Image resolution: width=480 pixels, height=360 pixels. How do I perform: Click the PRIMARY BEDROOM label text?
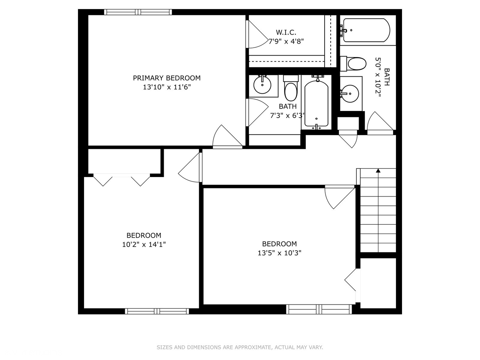click(x=167, y=78)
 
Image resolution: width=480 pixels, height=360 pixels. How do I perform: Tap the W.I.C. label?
click(x=286, y=32)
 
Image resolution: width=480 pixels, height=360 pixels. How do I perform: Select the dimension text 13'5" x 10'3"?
click(x=279, y=253)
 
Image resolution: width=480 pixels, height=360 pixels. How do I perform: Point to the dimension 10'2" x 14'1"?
click(x=144, y=244)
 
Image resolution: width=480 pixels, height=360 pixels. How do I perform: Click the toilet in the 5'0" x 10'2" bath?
click(x=353, y=64)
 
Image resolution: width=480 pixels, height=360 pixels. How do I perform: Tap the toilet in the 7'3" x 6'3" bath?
click(x=291, y=88)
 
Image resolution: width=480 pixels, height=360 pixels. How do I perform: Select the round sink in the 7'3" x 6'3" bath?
click(x=262, y=85)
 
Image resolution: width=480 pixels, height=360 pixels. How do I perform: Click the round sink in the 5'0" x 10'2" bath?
click(x=350, y=94)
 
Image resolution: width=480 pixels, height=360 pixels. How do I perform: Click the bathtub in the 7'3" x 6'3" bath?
click(x=316, y=103)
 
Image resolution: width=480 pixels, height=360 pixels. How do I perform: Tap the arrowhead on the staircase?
click(x=378, y=170)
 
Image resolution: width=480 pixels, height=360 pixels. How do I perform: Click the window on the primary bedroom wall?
click(x=138, y=12)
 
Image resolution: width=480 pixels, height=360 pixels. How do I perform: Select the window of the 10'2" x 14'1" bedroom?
click(x=157, y=311)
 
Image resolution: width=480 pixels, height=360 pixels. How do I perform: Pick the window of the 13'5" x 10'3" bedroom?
click(x=319, y=309)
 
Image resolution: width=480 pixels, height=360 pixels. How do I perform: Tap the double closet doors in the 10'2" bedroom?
click(x=122, y=180)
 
